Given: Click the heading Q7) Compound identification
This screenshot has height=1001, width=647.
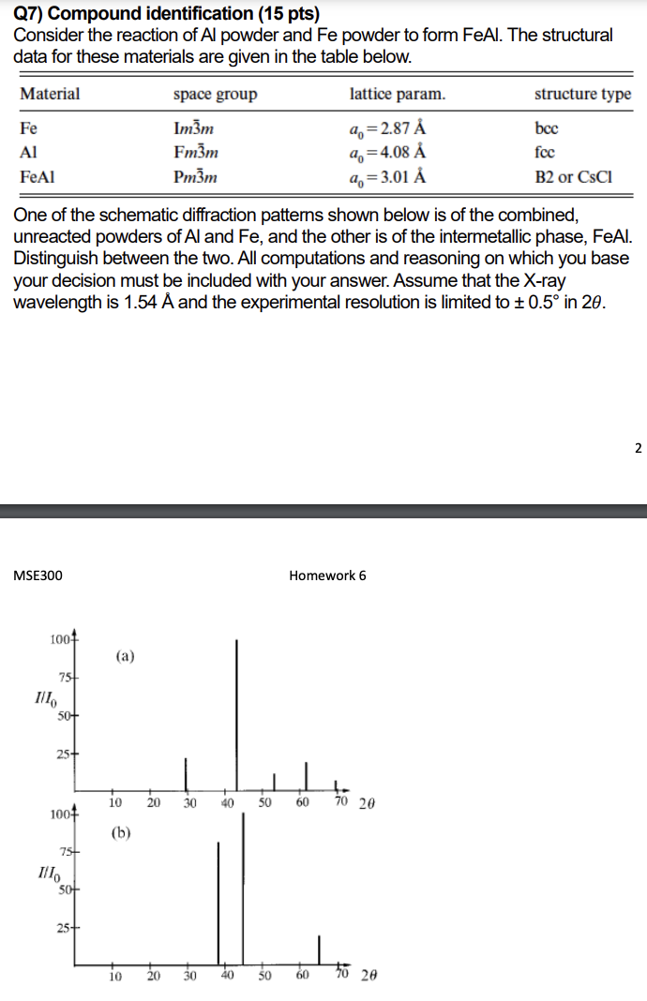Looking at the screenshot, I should pos(159,13).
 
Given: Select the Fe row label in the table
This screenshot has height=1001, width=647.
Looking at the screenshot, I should pos(29,127).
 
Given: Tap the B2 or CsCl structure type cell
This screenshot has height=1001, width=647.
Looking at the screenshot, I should pos(573,176).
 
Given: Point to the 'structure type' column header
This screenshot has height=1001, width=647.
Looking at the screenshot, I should pos(582,95).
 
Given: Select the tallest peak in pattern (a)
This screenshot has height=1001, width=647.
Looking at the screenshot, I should pos(236,712).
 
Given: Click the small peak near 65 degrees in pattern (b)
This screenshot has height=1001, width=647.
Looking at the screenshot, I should pos(320,949).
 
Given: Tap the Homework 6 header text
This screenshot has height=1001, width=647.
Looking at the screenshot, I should pos(327,575).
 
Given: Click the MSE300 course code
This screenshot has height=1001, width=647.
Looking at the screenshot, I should pos(38,575).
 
